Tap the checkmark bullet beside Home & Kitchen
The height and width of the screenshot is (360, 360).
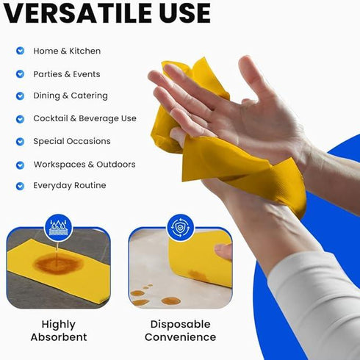(x=20, y=51)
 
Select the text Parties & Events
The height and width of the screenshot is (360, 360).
(x=67, y=74)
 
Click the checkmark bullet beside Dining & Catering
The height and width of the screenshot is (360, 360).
(x=20, y=96)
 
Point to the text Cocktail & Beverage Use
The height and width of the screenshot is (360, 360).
(x=84, y=118)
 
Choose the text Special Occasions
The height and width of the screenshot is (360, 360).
(x=72, y=141)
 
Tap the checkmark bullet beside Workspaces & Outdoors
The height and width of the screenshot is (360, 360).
(x=20, y=165)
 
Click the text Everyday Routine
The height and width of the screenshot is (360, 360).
(x=70, y=185)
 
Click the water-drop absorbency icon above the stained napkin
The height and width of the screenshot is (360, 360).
(x=57, y=227)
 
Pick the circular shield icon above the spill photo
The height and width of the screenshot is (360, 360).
(x=180, y=227)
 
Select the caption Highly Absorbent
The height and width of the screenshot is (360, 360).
(x=59, y=331)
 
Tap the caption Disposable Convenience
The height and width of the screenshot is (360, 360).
(x=180, y=331)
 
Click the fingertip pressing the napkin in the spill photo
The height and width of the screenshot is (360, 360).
(x=223, y=251)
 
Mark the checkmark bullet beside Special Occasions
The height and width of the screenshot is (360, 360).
(x=20, y=141)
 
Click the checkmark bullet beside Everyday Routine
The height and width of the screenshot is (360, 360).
(x=20, y=186)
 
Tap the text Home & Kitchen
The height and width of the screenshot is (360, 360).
(x=67, y=51)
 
